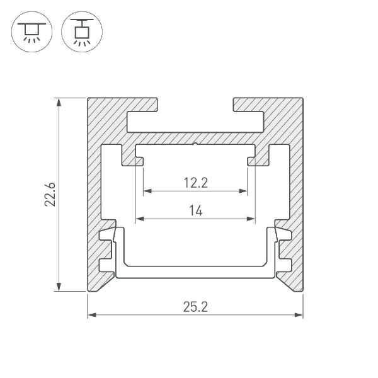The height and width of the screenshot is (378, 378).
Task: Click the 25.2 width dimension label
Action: pos(195,307)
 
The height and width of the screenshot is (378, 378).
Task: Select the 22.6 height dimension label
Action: pos(50,194)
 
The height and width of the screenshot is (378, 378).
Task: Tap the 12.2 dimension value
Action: pos(195,183)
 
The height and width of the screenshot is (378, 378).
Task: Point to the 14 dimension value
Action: pos(196,210)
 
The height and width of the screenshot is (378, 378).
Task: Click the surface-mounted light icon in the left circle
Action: pos(31,32)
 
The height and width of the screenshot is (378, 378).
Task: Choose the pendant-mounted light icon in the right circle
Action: pos(82,32)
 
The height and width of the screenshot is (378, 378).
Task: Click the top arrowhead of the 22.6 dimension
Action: pos(59,102)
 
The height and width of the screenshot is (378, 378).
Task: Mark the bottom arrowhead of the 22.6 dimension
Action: pos(59,287)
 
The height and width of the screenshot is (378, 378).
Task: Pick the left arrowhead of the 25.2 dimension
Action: pos(92,315)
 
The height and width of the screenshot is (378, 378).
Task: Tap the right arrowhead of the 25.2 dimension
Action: pos(299,315)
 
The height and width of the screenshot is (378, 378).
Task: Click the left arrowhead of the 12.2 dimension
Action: pos(147,191)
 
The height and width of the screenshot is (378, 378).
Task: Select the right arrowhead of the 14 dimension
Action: pos(251,219)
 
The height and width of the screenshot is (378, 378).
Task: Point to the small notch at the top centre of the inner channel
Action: pos(195,144)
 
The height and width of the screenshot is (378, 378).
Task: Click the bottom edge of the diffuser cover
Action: pos(195,277)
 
